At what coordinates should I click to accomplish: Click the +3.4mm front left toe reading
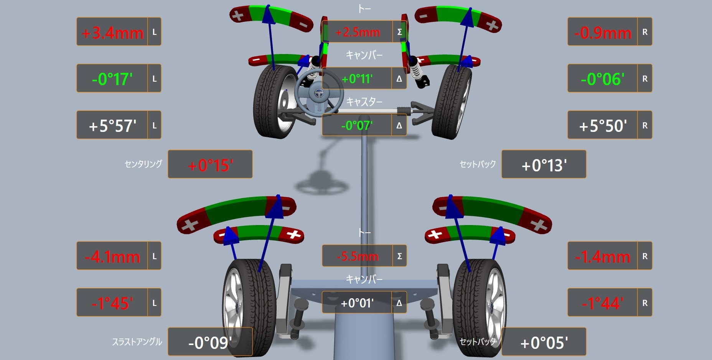[112, 33]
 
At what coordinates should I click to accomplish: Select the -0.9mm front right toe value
[603, 33]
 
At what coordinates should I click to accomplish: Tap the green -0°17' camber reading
[112, 79]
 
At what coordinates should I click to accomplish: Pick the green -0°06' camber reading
[602, 79]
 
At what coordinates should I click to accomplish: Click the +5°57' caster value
[112, 126]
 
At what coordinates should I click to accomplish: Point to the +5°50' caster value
[603, 126]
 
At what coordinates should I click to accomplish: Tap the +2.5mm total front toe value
[358, 32]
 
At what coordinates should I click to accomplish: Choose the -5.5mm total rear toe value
[358, 256]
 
